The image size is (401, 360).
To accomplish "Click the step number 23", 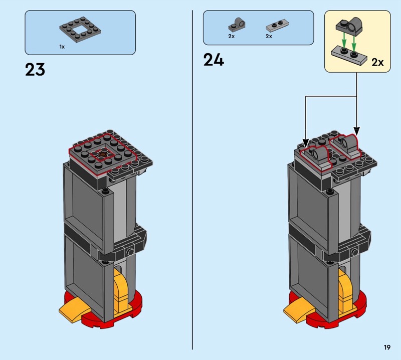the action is [35, 70].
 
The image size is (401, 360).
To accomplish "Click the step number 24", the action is [214, 60].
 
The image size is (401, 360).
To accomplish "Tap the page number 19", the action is [387, 347].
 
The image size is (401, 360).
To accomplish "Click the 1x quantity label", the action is [62, 47].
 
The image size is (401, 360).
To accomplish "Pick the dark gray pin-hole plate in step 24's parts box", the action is [236, 25].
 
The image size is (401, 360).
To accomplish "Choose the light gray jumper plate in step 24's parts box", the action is [277, 25].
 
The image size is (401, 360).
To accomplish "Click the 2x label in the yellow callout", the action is [377, 62].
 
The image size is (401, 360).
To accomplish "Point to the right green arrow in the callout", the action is [354, 43].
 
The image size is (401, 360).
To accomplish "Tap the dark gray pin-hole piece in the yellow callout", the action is [349, 27].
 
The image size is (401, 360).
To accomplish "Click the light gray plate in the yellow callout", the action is [349, 56].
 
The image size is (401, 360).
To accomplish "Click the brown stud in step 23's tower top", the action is [103, 154].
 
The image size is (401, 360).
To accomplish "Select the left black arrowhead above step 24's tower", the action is [306, 143].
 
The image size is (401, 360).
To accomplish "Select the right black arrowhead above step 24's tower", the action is [357, 131].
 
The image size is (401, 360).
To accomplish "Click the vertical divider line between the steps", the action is [192, 180].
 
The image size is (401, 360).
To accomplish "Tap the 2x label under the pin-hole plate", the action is [232, 36].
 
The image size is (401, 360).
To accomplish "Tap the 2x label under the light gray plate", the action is [269, 36].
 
